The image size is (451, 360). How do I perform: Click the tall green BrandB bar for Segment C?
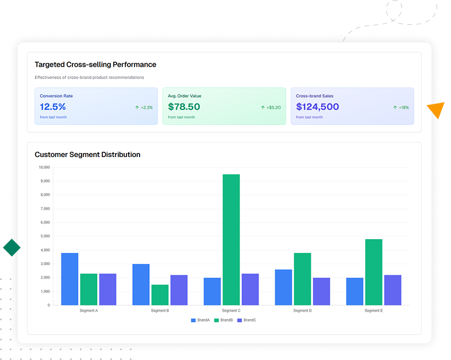[x=231, y=239]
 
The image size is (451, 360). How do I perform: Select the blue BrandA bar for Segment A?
[x=70, y=279]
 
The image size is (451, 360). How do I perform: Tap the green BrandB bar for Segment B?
[x=160, y=294]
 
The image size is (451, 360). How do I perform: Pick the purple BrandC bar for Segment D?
[x=321, y=291]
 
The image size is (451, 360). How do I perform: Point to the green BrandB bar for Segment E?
[x=373, y=272]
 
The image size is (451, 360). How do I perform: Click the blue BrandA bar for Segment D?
[x=283, y=287]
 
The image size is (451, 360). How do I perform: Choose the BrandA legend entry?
[x=201, y=320]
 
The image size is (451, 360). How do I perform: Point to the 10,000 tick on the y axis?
[x=44, y=167]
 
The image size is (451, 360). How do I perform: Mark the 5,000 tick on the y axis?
[x=45, y=236]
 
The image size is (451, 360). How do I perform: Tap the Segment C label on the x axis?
[x=231, y=311]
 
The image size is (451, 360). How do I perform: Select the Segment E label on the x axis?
[x=373, y=311]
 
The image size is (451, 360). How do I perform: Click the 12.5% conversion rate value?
[x=53, y=107]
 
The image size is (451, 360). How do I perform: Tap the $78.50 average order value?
[x=184, y=107]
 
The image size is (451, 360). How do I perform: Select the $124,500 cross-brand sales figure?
[x=317, y=107]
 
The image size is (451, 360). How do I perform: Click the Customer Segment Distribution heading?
[x=87, y=155]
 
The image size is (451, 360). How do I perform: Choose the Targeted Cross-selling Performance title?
[x=95, y=64]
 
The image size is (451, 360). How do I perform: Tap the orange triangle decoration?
[x=437, y=110]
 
